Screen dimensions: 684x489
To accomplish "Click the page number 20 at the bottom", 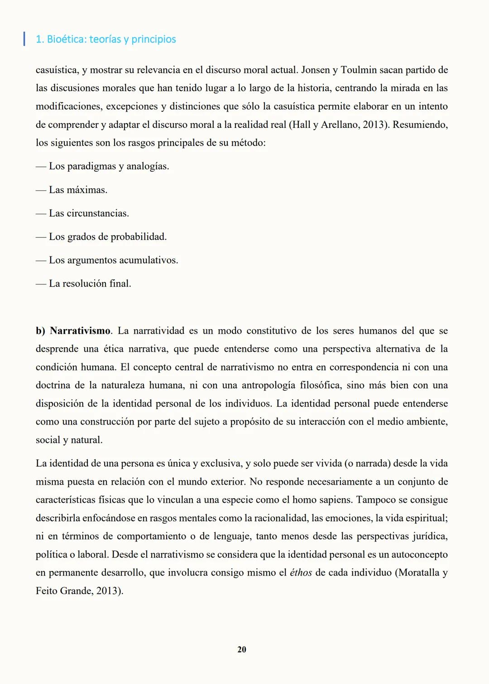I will click(242, 650).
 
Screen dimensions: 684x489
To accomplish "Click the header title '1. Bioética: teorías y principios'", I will click(105, 39).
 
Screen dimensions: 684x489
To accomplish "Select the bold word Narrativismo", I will click(80, 331).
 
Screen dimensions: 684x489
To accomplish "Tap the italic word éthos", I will click(301, 573).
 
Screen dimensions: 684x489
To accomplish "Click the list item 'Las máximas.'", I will click(78, 190).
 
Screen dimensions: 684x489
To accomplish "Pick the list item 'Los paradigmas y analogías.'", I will click(109, 166).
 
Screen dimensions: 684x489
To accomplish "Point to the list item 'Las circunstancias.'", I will click(89, 213).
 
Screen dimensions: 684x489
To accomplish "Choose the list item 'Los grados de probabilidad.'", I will click(108, 237).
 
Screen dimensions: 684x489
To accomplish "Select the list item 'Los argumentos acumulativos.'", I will click(113, 260).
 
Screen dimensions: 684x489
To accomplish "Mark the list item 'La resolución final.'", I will click(90, 284).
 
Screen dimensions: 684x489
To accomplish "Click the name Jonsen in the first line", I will click(315, 70).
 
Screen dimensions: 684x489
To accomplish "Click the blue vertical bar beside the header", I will click(24, 39).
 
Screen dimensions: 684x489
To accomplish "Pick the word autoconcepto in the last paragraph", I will click(419, 555).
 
